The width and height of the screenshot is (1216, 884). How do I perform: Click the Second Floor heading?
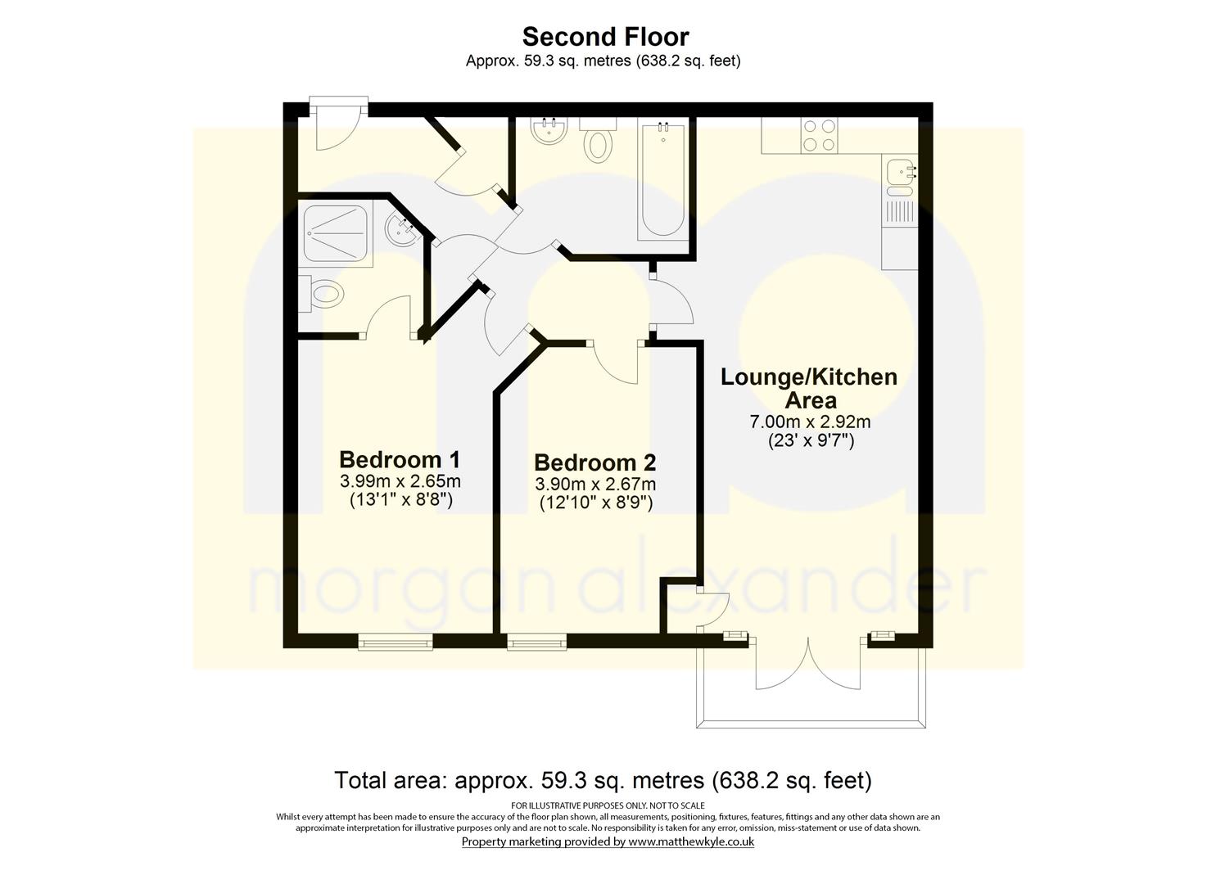(x=606, y=37)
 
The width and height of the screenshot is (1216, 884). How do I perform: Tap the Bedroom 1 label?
(x=400, y=460)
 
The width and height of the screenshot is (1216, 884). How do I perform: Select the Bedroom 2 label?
(x=595, y=462)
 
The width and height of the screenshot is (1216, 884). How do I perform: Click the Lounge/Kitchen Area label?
(x=809, y=389)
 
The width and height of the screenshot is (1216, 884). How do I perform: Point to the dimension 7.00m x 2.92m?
(x=810, y=421)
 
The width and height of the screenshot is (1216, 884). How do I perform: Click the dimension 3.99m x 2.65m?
(x=400, y=480)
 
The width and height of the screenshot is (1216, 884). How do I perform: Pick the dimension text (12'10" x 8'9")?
(x=595, y=503)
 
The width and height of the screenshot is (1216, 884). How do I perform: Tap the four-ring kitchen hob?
(x=820, y=135)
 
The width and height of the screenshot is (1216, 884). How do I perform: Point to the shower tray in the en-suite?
(x=335, y=233)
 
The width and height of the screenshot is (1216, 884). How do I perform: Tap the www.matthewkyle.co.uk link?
(x=691, y=841)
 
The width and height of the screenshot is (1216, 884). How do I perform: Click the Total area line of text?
(x=603, y=780)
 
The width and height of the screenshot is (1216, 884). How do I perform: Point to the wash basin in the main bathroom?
(x=549, y=131)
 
